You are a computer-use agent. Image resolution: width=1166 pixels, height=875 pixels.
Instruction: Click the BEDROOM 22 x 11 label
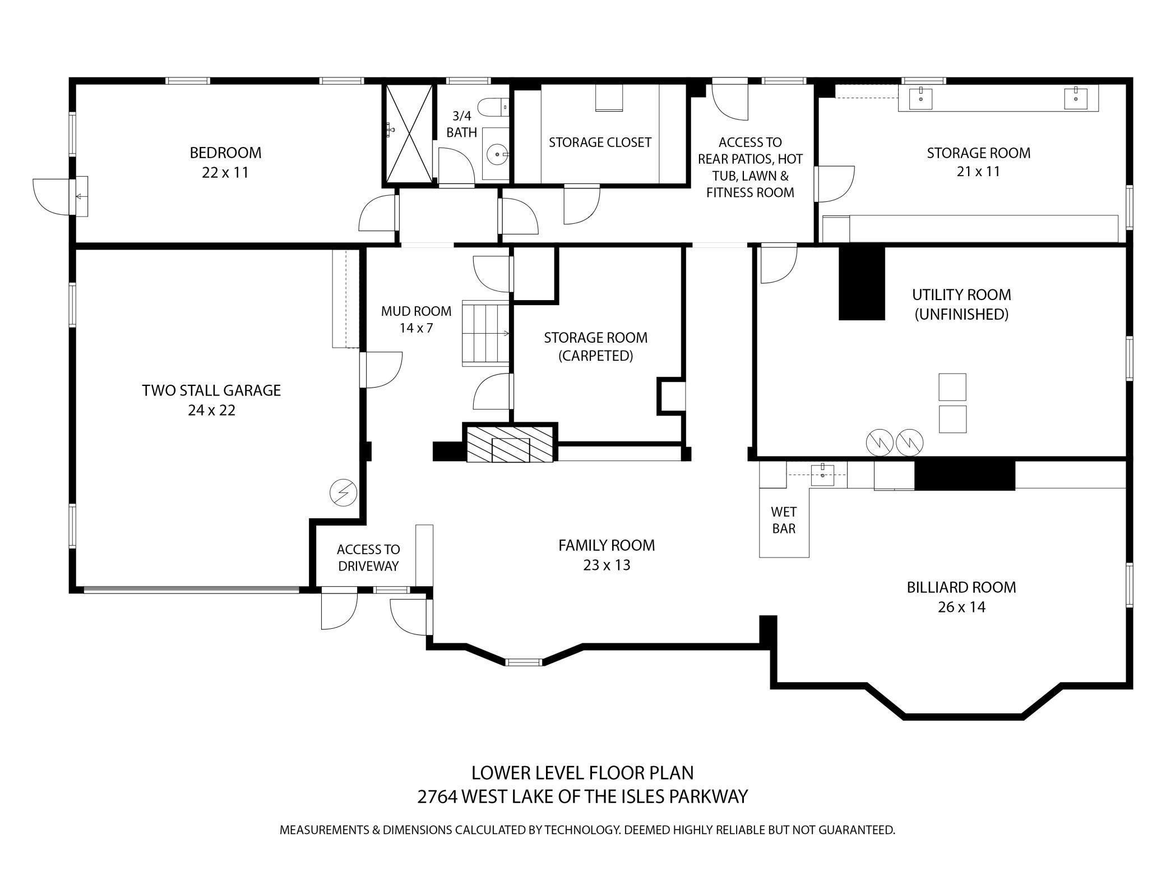point(225,162)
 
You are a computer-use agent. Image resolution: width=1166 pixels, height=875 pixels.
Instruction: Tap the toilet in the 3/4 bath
point(493,107)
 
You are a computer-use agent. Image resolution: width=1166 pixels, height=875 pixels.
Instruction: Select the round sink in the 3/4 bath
point(496,153)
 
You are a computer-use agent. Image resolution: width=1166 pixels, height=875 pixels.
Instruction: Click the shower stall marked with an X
point(409,135)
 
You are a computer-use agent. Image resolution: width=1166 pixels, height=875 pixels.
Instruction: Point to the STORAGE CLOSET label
point(600,142)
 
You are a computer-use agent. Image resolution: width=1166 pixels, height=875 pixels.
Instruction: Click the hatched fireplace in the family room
point(510,443)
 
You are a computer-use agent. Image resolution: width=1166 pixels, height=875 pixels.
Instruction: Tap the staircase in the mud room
point(485,333)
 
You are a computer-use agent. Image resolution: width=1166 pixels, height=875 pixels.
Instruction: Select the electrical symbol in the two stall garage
point(343,492)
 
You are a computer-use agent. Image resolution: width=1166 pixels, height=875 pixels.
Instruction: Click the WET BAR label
point(784,520)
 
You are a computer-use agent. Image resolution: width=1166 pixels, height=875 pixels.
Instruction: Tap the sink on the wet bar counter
point(822,475)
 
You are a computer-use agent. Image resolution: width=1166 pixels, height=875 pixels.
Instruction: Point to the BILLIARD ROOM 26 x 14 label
point(961,597)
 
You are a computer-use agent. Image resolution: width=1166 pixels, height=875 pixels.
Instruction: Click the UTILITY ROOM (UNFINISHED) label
point(961,304)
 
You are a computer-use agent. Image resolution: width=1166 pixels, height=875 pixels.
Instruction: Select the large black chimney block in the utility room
point(862,282)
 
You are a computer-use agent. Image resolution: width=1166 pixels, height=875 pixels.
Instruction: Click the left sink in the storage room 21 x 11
point(920,99)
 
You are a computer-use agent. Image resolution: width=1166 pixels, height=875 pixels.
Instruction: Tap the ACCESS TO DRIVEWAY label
point(368,558)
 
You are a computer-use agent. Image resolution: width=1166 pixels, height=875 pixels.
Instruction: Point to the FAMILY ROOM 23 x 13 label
point(607,555)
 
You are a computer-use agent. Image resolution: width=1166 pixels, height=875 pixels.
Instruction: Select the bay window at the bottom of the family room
point(524,662)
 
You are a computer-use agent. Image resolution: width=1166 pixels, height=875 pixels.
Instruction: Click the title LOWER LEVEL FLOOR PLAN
point(582,773)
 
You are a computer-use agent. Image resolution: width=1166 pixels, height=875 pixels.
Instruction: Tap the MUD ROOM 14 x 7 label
point(416,319)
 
